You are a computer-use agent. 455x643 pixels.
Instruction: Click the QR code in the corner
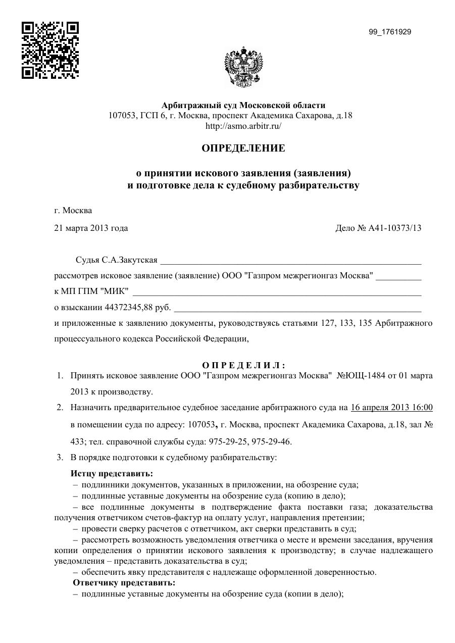coord(50,50)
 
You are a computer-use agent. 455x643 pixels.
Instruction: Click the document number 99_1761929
coord(390,32)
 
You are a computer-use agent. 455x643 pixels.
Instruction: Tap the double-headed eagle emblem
coord(243,68)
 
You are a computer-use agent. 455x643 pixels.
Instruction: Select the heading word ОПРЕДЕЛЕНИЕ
coord(243,149)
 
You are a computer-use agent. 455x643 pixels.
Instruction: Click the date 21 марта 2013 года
coord(91,228)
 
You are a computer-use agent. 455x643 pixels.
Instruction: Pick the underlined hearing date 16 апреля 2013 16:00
coord(391,408)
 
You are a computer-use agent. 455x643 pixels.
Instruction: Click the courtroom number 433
coord(77,441)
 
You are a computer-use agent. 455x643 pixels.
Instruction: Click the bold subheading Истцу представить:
coord(112,474)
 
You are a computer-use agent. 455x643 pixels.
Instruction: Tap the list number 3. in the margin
coord(60,458)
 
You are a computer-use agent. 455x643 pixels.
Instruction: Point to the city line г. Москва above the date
coord(73,211)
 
